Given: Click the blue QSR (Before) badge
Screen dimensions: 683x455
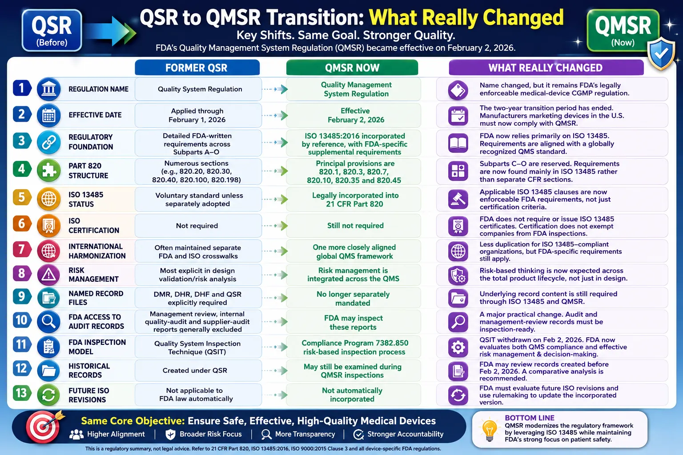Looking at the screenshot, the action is pos(52,30).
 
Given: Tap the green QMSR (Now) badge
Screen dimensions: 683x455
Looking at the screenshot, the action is pos(623,30).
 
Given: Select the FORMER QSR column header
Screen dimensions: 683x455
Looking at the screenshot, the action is pos(197,68).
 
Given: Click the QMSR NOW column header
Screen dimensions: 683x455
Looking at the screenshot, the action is pos(352,68).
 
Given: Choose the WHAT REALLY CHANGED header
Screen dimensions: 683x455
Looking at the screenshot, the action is pos(546,68).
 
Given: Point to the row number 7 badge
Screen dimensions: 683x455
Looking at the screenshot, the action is pos(22,249).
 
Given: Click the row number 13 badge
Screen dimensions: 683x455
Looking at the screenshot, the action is pos(22,393).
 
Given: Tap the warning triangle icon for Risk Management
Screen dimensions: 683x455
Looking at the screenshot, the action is pos(48,275).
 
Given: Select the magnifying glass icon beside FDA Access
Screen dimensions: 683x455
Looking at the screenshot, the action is pos(48,321).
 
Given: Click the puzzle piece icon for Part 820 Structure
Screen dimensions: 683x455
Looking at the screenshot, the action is pos(48,170).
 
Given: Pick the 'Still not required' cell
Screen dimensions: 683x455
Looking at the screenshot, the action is pos(354,226).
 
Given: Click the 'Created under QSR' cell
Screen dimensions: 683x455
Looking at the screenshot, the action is pos(198,370).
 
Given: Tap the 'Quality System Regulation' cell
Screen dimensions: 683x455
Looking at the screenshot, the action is pos(198,89).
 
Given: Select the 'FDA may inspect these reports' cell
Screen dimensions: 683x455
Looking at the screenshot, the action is pos(354,322).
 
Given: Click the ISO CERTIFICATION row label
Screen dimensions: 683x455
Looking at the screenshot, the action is pos(94,226).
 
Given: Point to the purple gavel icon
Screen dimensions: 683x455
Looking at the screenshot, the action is pos(458,199).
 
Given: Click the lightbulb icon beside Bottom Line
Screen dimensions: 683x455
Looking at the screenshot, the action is pos(490,430).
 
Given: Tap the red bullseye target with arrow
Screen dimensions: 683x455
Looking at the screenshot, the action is pos(44,427).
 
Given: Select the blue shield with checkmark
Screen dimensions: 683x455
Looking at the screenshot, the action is pos(661,54).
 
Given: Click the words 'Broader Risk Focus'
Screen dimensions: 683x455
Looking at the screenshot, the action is pos(211,434).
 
